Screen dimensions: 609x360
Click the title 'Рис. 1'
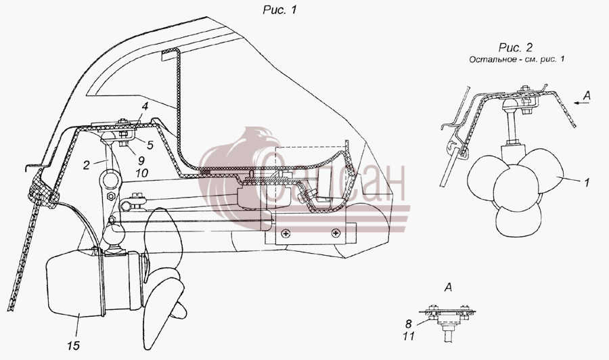(279, 9)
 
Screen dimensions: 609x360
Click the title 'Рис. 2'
(516, 47)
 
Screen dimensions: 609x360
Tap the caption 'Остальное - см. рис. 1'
(516, 60)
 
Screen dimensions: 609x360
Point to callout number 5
(150, 145)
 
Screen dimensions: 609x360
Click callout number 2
(86, 165)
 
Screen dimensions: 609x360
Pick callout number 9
(141, 160)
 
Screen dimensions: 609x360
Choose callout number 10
(142, 173)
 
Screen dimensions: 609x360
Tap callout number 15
(73, 345)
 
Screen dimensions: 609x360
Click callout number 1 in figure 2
(587, 181)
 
